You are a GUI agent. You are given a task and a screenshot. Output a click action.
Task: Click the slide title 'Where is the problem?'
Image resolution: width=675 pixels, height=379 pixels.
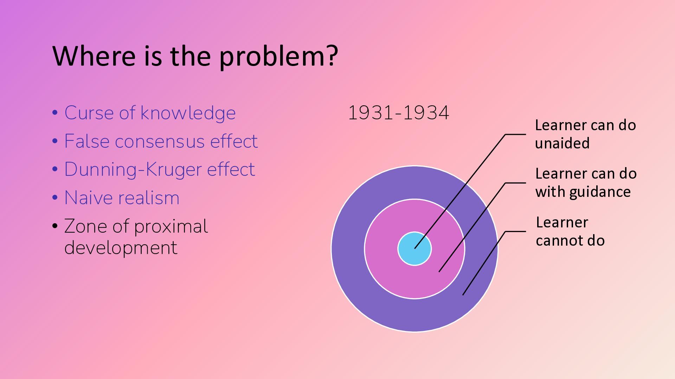pos(195,56)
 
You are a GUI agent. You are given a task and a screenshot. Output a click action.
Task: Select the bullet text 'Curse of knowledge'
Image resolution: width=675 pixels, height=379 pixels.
pos(150,113)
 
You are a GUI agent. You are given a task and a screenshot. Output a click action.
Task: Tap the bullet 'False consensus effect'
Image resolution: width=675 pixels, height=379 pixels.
pos(161,141)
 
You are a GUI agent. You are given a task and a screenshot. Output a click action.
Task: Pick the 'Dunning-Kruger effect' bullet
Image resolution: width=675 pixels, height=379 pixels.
pos(160,169)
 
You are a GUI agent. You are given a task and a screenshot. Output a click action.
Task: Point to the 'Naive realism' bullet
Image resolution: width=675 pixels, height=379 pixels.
pos(122,198)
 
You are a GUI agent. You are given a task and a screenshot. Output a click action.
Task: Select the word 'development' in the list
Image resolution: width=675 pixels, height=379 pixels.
pos(121,248)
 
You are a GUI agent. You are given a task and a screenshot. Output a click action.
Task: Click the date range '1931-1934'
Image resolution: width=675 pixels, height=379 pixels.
pos(398,113)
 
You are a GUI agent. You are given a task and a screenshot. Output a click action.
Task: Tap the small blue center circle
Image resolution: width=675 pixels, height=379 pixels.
pos(414,249)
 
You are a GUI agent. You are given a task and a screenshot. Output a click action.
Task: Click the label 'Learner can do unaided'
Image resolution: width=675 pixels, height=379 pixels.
pos(585,134)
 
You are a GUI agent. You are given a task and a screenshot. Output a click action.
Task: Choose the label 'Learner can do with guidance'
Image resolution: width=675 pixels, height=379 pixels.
pos(586,183)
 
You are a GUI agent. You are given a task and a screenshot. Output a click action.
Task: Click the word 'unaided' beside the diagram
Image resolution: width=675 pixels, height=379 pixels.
pos(562,143)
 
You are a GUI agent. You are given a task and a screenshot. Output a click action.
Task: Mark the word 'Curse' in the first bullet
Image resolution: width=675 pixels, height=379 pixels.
pos(89,113)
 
